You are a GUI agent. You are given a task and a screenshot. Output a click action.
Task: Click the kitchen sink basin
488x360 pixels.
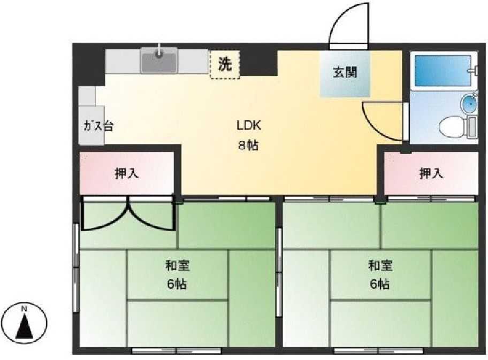pyautogui.click(x=159, y=60)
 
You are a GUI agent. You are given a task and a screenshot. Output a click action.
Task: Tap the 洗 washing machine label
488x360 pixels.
pyautogui.click(x=225, y=64)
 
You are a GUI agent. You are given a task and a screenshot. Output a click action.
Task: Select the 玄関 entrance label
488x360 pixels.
pyautogui.click(x=345, y=72)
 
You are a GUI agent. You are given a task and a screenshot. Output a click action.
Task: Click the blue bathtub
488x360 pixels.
pyautogui.click(x=443, y=70)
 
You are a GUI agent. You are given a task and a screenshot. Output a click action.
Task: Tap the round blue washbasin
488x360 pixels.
pyautogui.click(x=469, y=103)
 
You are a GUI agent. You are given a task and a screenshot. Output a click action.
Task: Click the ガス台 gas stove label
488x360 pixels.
pyautogui.click(x=98, y=126)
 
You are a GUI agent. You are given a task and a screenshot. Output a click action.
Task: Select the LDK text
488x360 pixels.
pyautogui.click(x=248, y=126)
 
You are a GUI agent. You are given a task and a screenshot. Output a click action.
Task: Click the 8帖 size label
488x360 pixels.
pyautogui.click(x=248, y=145)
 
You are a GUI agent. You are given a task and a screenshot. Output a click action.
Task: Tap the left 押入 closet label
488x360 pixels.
pyautogui.click(x=127, y=173)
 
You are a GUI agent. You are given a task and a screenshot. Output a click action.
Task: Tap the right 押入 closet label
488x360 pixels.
pyautogui.click(x=431, y=173)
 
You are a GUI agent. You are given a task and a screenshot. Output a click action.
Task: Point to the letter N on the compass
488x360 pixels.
pyautogui.click(x=24, y=309)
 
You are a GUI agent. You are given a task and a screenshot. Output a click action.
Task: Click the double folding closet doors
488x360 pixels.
pyautogui.click(x=127, y=214)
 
